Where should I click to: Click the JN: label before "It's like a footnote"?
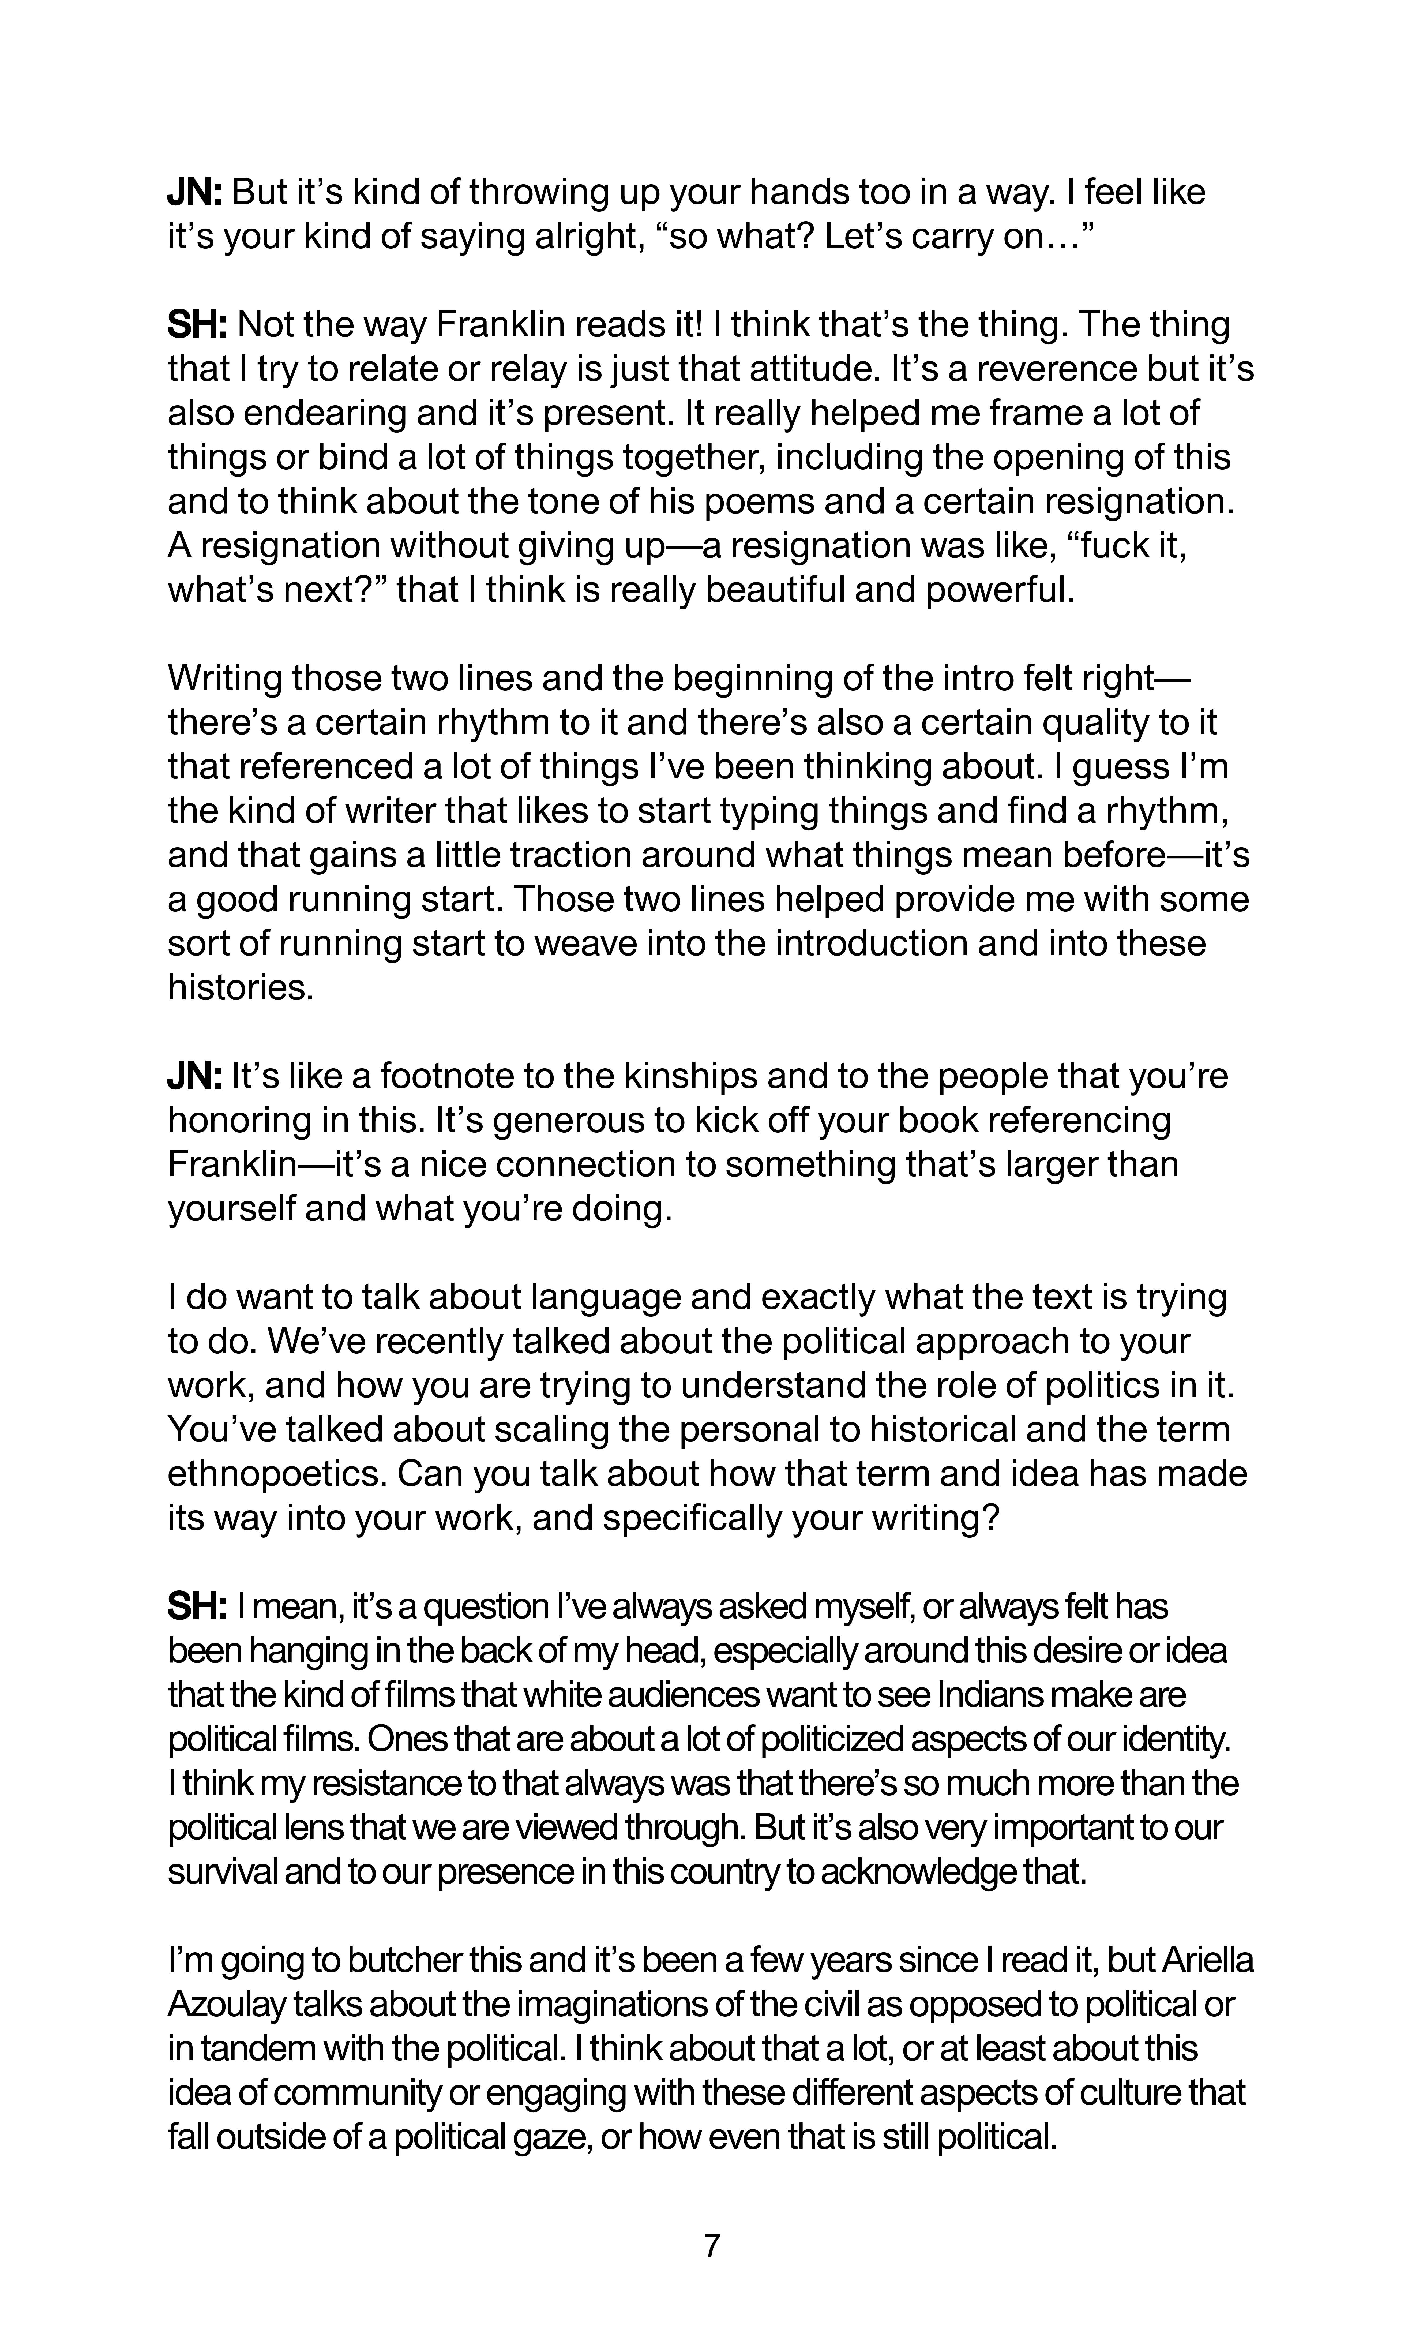click(x=194, y=1076)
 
